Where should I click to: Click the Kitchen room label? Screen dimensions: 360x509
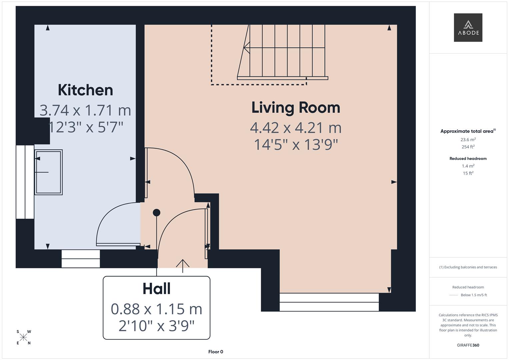(85, 90)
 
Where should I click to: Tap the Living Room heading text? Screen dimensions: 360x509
(296, 108)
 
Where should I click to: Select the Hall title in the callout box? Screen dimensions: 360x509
(156, 289)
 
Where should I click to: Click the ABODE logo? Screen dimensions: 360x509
(468, 28)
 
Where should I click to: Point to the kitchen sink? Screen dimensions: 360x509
(49, 172)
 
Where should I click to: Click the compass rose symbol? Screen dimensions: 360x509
(23, 337)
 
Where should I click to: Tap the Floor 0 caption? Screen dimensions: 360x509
(216, 352)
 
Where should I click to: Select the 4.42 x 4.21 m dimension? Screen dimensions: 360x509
(296, 128)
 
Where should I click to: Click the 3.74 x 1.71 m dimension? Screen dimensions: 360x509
(85, 110)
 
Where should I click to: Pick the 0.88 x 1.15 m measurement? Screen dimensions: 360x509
(156, 309)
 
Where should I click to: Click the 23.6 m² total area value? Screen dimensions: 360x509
(468, 140)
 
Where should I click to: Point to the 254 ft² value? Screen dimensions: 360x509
(468, 147)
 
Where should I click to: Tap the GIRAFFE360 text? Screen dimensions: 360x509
(468, 345)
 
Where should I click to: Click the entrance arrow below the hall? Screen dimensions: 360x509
(183, 265)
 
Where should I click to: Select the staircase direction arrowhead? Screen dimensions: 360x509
(246, 48)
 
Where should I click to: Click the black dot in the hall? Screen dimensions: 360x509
(156, 212)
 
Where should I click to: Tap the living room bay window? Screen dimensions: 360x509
(329, 302)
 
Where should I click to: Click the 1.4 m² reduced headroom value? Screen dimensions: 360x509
(468, 166)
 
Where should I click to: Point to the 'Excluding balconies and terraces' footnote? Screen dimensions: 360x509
(468, 267)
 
